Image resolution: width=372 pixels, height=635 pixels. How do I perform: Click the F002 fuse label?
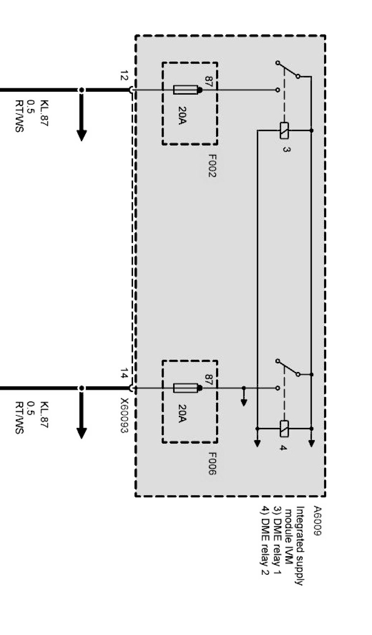click(x=211, y=166)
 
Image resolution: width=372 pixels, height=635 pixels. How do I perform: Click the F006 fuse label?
click(x=211, y=464)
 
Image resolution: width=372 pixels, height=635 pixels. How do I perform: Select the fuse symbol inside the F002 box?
click(x=186, y=90)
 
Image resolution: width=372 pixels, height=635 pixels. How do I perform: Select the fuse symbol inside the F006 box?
click(x=186, y=388)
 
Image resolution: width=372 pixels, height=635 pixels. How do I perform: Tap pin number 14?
click(x=124, y=374)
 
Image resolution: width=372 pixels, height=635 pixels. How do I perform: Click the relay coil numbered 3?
click(x=284, y=131)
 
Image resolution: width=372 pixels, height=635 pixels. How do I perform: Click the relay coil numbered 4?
click(x=284, y=429)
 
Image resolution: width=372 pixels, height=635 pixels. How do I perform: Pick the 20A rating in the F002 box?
click(x=182, y=116)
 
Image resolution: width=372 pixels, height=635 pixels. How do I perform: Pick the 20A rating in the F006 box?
click(x=182, y=414)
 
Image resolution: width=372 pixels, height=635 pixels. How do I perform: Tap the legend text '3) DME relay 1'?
click(x=277, y=540)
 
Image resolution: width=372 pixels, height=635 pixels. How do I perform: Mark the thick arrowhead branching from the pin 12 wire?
click(x=82, y=135)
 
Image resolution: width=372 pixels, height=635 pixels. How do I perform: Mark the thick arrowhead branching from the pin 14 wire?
click(x=82, y=433)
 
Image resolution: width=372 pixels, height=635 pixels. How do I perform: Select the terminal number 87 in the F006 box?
click(x=208, y=380)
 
